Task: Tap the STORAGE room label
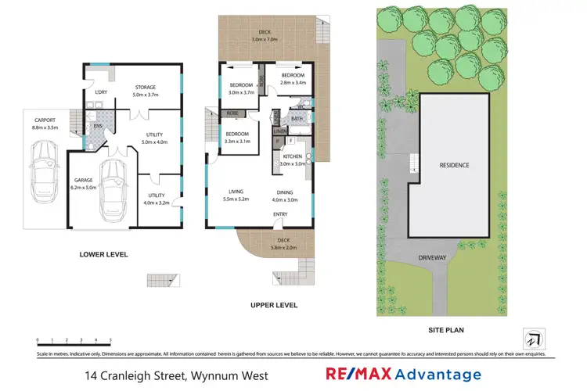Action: (146, 88)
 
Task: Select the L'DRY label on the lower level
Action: (101, 92)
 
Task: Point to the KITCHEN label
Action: (292, 156)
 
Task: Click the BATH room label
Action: (297, 119)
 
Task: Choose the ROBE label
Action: (232, 113)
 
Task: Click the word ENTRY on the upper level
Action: (280, 213)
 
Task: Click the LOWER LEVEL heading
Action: (103, 255)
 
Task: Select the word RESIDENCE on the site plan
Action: (455, 165)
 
